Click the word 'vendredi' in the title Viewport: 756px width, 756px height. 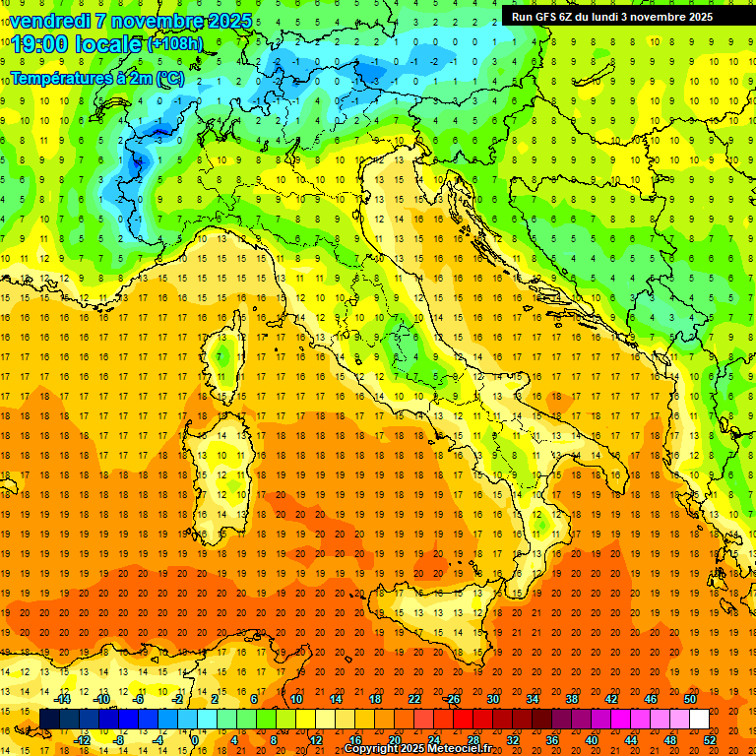click(x=49, y=21)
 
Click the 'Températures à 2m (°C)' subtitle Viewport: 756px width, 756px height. click(x=96, y=78)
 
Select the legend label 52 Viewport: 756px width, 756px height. click(x=710, y=739)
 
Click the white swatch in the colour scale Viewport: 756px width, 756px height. click(x=699, y=719)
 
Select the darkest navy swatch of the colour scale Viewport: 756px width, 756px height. click(x=49, y=719)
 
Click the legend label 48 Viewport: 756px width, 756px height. click(x=670, y=739)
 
